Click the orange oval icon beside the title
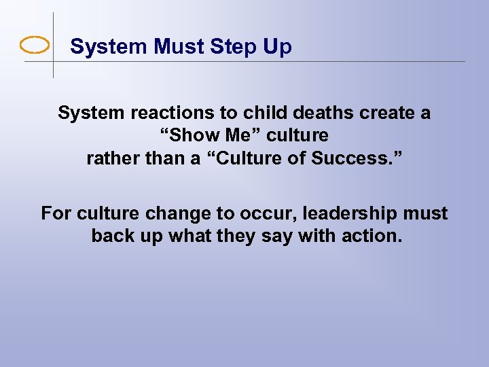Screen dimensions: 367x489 coord(35,46)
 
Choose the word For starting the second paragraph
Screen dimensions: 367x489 coord(56,213)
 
